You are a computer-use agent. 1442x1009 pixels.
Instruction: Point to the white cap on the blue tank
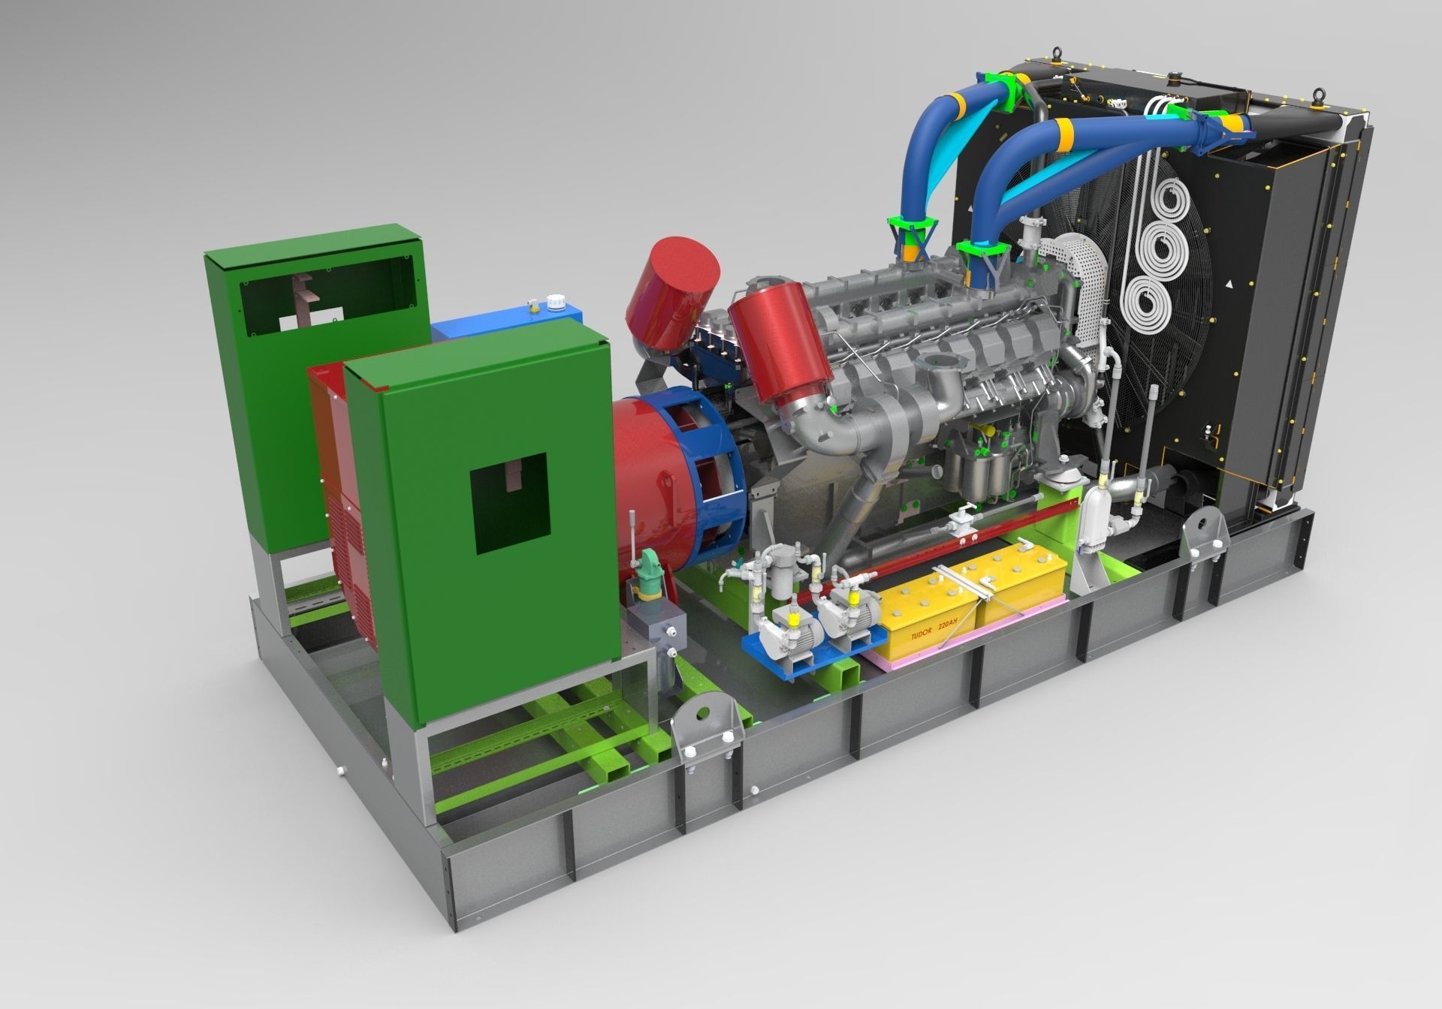click(556, 300)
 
